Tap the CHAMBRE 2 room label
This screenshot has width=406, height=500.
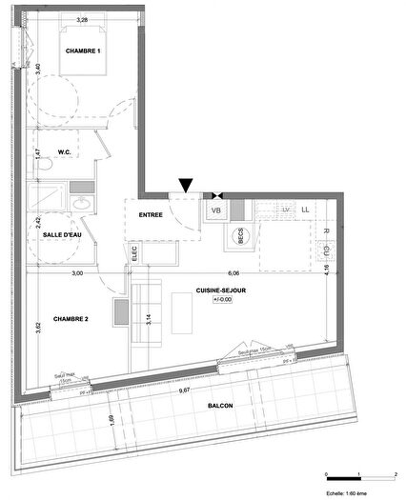pos(71,319)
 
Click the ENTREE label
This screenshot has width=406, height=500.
pos(151,215)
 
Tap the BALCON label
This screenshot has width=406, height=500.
pos(220,406)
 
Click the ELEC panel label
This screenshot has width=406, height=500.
pos(134,254)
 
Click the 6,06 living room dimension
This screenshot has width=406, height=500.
pos(233,273)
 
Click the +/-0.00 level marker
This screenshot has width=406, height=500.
pos(222,299)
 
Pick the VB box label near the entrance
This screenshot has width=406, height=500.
pos(215,210)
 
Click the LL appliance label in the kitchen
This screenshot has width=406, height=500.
pos(306,209)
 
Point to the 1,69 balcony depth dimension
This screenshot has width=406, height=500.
pos(112,418)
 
